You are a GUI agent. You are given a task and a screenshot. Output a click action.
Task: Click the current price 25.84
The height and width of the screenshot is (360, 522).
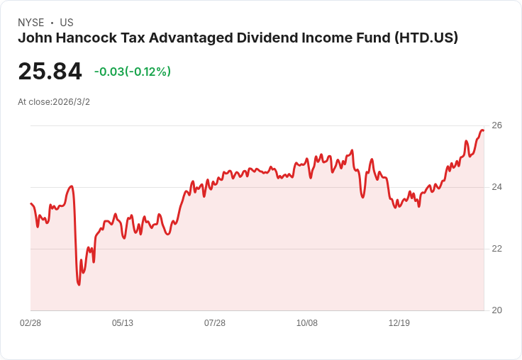[50, 72]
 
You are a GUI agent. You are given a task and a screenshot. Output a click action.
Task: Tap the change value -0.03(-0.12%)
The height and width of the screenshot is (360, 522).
[133, 72]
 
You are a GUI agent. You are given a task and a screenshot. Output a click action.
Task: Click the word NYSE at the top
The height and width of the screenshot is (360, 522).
[30, 23]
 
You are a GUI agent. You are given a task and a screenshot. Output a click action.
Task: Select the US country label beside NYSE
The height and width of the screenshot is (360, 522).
[67, 23]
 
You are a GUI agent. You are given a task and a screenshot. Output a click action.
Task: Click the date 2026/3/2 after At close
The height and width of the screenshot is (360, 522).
[71, 102]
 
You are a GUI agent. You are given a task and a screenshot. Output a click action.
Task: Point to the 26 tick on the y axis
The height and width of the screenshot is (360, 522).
[496, 125]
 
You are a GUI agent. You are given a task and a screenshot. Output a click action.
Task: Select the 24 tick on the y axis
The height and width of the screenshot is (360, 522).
[496, 187]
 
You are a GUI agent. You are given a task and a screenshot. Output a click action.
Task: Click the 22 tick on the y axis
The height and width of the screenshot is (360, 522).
[496, 249]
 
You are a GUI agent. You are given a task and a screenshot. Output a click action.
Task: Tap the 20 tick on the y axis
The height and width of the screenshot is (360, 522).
[496, 310]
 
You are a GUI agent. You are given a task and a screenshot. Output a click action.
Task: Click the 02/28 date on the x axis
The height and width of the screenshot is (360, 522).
[30, 323]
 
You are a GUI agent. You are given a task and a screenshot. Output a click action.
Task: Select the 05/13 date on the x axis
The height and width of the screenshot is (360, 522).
[123, 323]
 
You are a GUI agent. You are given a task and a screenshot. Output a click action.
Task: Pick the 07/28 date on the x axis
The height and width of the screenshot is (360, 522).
[215, 323]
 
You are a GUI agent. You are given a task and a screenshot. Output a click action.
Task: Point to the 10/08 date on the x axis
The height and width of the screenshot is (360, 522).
[307, 323]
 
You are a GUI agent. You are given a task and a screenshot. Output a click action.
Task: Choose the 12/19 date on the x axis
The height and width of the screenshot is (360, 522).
[399, 323]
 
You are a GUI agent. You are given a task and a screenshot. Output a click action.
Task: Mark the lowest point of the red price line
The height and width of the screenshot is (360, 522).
[79, 285]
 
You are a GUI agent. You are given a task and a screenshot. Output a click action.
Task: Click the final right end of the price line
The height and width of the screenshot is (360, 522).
[483, 130]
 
